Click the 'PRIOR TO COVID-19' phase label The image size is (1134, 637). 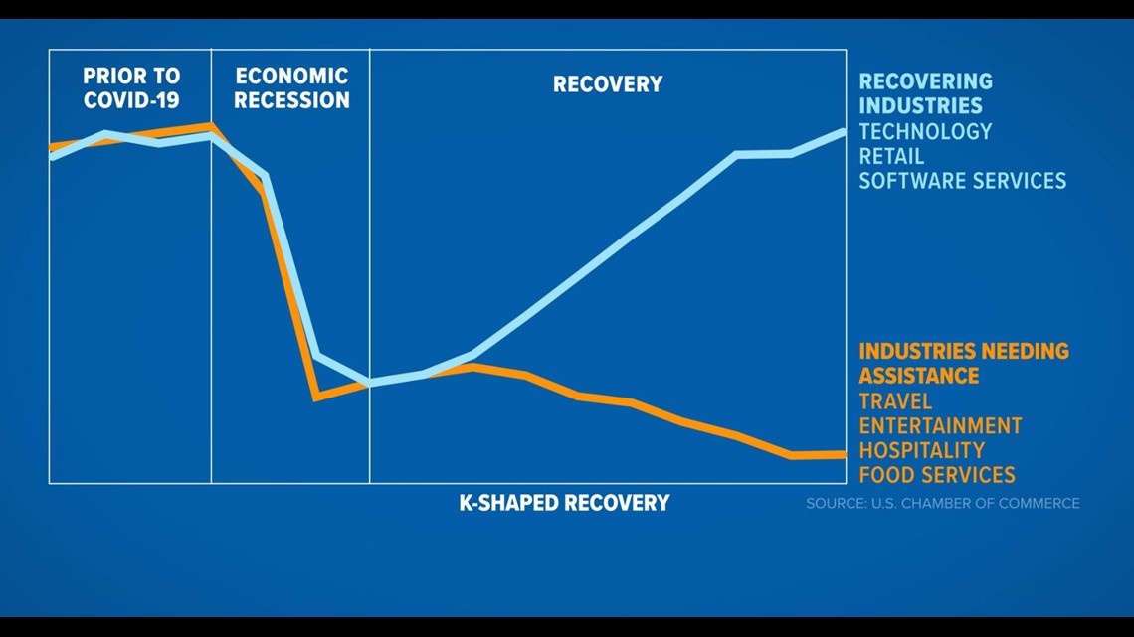pyautogui.click(x=131, y=87)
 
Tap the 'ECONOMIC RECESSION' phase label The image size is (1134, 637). pyautogui.click(x=291, y=87)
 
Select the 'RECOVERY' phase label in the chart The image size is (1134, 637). pyautogui.click(x=608, y=84)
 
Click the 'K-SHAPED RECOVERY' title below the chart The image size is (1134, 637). pyautogui.click(x=564, y=503)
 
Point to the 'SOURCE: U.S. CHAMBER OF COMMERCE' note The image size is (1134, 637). pyautogui.click(x=942, y=504)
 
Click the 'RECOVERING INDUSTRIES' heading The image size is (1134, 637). pyautogui.click(x=926, y=93)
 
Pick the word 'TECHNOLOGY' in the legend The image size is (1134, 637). pyautogui.click(x=925, y=131)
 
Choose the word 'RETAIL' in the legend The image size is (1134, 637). pyautogui.click(x=891, y=156)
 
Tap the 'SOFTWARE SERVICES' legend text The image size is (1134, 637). pyautogui.click(x=962, y=181)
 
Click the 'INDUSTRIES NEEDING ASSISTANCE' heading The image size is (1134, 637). pyautogui.click(x=963, y=364)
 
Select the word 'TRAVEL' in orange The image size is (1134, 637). pyautogui.click(x=895, y=401)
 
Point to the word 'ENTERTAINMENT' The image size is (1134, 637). pyautogui.click(x=940, y=426)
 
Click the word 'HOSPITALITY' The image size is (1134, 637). pyautogui.click(x=921, y=450)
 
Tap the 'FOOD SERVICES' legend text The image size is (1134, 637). pyautogui.click(x=937, y=475)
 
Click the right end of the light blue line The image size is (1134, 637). pyautogui.click(x=844, y=132)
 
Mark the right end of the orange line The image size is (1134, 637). pyautogui.click(x=844, y=454)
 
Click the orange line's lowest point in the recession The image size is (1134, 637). pyautogui.click(x=316, y=397)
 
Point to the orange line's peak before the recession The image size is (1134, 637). pyautogui.click(x=210, y=125)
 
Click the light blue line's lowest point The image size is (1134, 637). pyautogui.click(x=370, y=382)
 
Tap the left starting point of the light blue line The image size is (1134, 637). pyautogui.click(x=51, y=156)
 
